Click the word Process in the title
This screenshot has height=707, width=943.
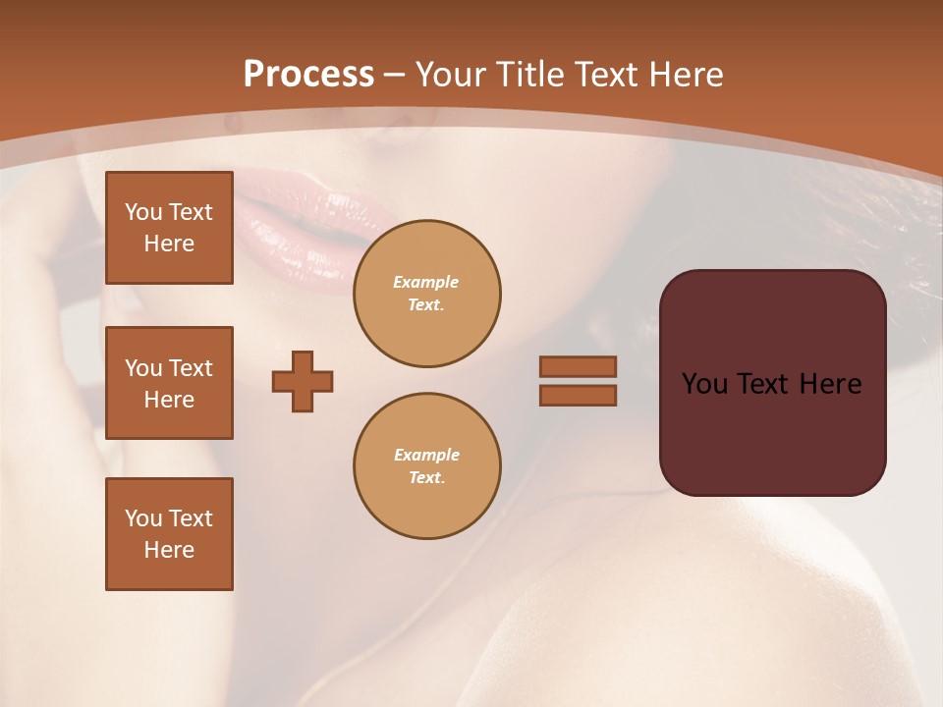point(308,75)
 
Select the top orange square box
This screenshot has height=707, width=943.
point(169,228)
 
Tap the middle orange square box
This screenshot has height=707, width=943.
point(169,383)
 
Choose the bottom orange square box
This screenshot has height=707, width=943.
point(169,534)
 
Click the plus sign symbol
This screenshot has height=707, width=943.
point(303,381)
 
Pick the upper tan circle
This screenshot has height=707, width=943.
point(427,294)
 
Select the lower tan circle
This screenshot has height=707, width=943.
point(427,466)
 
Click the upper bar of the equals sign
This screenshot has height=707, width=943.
point(578,366)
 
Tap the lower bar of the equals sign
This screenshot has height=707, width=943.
point(578,395)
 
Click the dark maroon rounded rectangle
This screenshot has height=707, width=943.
point(772,432)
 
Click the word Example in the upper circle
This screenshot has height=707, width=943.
point(426,282)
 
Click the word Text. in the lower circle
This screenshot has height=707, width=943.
point(426,478)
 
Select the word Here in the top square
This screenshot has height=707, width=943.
point(169,244)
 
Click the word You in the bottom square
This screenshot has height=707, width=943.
point(143,518)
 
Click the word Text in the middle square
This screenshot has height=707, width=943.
point(190,368)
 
